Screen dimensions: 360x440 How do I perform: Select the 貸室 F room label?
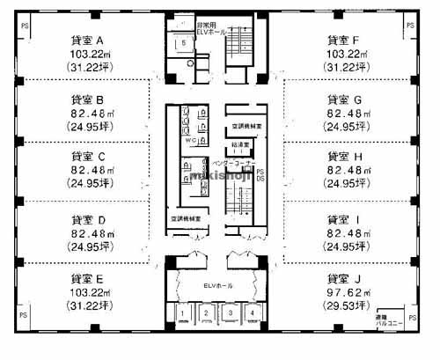coord(343,40)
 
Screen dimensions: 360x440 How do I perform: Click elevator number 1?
coord(183,312)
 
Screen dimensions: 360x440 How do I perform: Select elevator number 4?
coord(252,312)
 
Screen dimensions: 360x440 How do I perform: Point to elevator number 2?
coord(206,312)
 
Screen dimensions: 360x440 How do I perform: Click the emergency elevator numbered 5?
coord(182,43)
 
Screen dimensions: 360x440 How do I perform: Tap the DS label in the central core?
coord(260,179)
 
